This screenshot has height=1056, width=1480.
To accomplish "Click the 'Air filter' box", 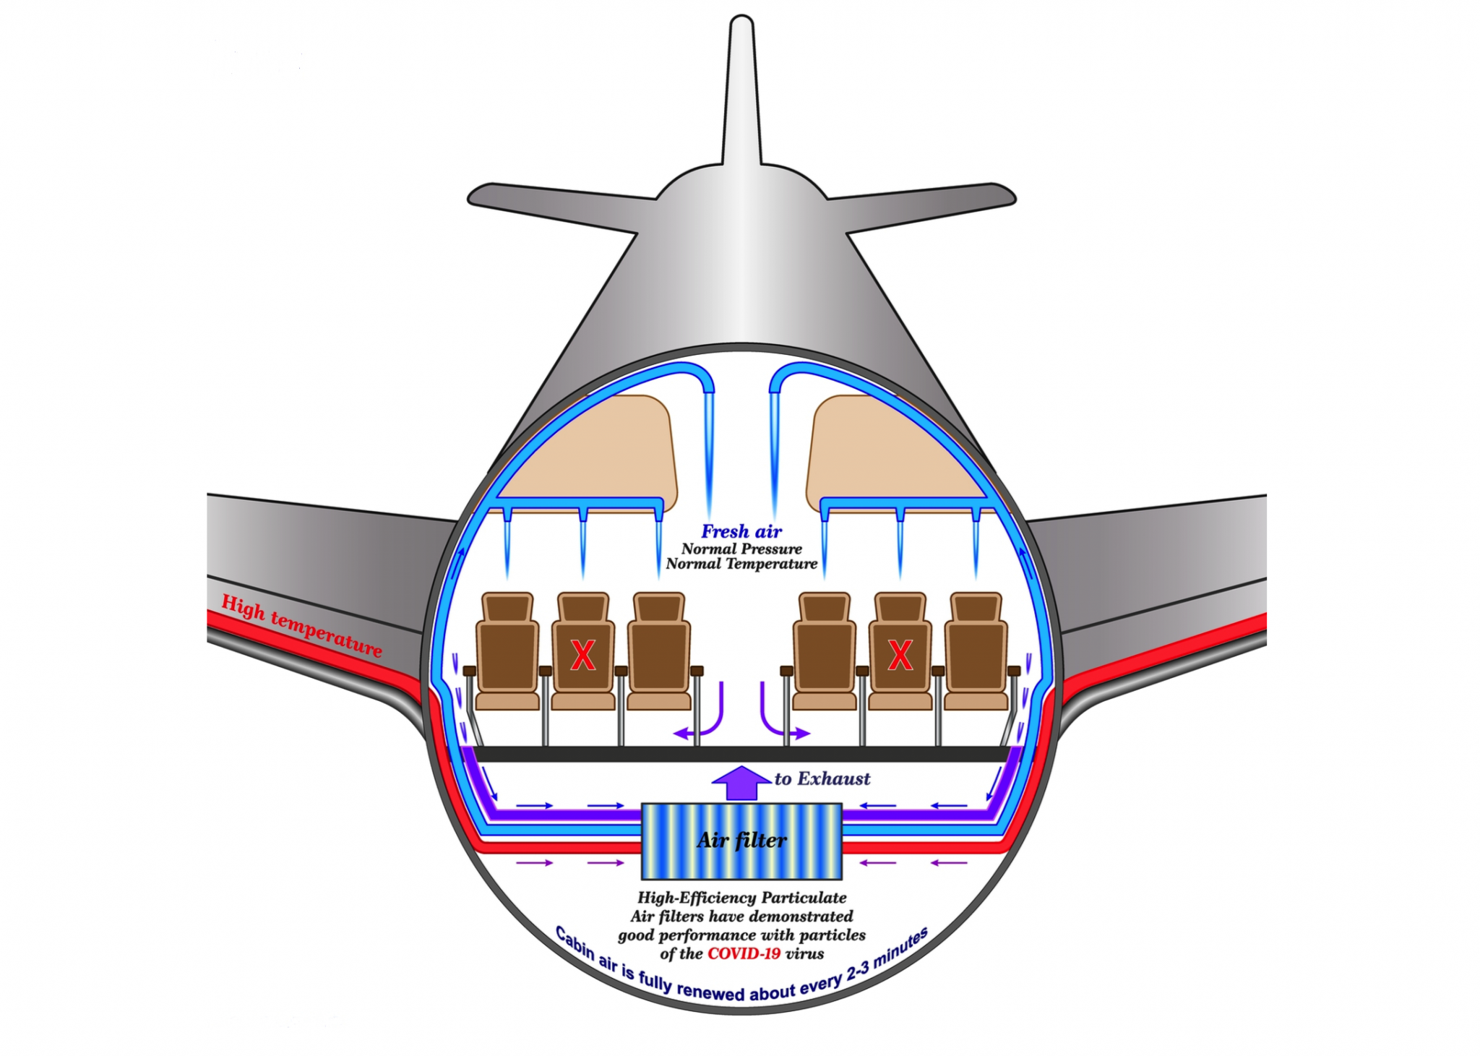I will [x=741, y=840].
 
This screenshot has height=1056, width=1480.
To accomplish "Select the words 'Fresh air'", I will [x=741, y=532].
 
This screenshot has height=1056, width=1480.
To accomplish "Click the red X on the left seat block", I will [x=582, y=656].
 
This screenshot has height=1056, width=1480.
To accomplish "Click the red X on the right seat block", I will [x=900, y=656].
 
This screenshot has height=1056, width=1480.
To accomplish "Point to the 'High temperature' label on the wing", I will [x=301, y=625].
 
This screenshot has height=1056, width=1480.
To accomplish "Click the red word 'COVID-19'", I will [x=744, y=953].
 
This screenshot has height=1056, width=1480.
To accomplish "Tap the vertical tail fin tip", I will [x=741, y=29].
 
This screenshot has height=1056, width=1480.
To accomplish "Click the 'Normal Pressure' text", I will [x=741, y=549].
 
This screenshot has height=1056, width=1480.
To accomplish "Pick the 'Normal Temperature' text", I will [x=741, y=564].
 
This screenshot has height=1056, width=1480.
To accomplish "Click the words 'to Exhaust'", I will [x=822, y=778].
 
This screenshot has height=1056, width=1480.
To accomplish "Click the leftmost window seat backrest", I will [x=507, y=654].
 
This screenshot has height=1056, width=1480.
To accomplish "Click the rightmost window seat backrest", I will [x=976, y=654].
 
